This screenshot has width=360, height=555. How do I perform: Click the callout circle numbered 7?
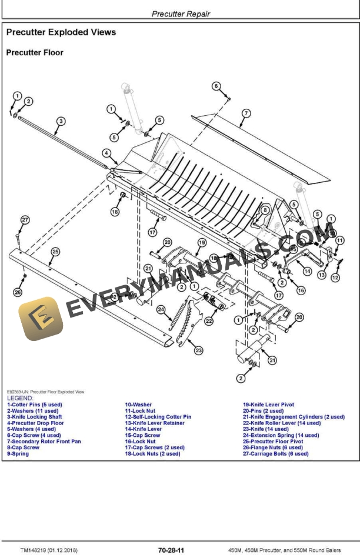click(x=246, y=113)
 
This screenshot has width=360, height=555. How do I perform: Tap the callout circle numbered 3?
click(x=61, y=122)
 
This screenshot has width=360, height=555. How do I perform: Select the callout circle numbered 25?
click(x=55, y=252)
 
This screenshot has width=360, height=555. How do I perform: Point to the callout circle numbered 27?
click(x=25, y=220)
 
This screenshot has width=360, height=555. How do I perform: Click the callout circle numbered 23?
click(x=199, y=350)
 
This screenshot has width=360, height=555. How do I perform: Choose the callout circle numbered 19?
click(x=201, y=242)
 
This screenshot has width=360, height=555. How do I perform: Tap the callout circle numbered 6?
click(x=216, y=86)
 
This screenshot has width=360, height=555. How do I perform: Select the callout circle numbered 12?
click(x=335, y=277)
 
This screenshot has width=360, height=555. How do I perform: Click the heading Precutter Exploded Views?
click(x=61, y=32)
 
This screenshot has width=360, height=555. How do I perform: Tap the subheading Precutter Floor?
click(x=35, y=53)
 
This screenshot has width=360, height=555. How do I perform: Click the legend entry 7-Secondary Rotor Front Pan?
click(x=44, y=442)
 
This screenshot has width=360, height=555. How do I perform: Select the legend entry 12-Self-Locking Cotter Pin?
click(x=158, y=417)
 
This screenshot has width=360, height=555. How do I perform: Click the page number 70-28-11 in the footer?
click(x=171, y=550)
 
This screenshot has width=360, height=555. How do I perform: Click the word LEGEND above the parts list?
click(x=20, y=398)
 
